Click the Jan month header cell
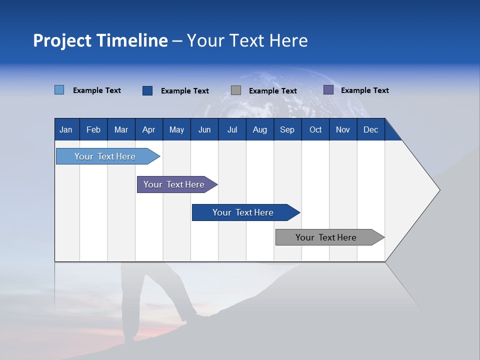click(66, 129)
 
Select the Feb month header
click(93, 129)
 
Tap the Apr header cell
click(149, 129)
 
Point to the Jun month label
click(204, 129)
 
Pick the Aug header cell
click(260, 129)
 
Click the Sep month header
click(287, 129)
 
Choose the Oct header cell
click(315, 129)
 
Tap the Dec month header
click(371, 129)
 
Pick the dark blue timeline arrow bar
click(243, 212)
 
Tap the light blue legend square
click(59, 90)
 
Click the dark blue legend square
click(147, 90)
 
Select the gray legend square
click(236, 90)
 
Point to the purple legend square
click(328, 90)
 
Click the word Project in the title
click(61, 40)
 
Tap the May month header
click(176, 129)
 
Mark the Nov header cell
click(343, 129)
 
